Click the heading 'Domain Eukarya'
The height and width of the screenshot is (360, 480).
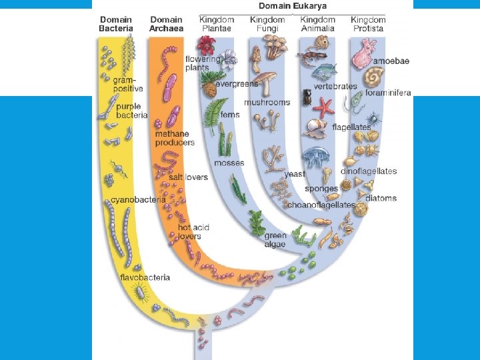pyautogui.click(x=293, y=6)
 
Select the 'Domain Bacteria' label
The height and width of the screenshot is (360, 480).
pyautogui.click(x=116, y=24)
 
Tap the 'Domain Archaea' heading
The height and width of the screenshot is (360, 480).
pyautogui.click(x=167, y=24)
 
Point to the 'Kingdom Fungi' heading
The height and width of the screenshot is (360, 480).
pyautogui.click(x=267, y=24)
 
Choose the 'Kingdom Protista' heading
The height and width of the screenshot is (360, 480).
pyautogui.click(x=368, y=24)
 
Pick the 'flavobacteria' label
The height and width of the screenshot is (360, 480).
pyautogui.click(x=145, y=277)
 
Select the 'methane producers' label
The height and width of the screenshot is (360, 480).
pyautogui.click(x=175, y=138)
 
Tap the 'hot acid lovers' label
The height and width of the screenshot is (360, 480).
pyautogui.click(x=193, y=231)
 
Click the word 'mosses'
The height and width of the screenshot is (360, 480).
pyautogui.click(x=229, y=163)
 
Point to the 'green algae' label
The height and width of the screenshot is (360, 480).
pyautogui.click(x=275, y=239)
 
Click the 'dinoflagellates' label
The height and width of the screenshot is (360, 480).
pyautogui.click(x=369, y=171)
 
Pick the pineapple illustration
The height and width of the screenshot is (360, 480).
pyautogui.click(x=209, y=89)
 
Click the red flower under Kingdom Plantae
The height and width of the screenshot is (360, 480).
pyautogui.click(x=206, y=45)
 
